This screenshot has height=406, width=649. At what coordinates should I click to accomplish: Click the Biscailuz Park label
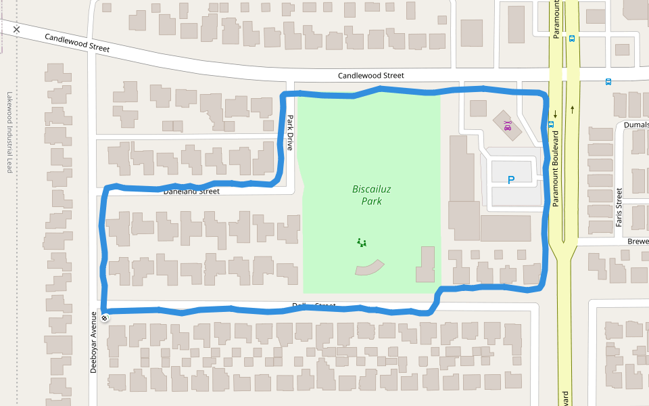[x=367, y=195]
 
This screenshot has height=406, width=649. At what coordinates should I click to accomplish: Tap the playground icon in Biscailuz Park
[x=362, y=242]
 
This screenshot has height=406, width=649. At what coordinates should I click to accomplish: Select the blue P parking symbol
[x=511, y=180]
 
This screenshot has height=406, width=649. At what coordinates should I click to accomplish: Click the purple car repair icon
[x=507, y=125]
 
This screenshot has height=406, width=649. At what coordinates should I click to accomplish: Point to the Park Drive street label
[x=290, y=133]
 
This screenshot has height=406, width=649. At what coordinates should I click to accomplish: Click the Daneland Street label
[x=191, y=191]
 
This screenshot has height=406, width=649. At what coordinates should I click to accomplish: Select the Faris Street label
[x=619, y=207]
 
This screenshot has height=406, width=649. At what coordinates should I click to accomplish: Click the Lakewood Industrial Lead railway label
[x=9, y=132]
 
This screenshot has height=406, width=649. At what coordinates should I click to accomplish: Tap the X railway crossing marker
[x=17, y=29]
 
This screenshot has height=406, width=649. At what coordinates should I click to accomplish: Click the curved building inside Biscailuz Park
[x=368, y=268]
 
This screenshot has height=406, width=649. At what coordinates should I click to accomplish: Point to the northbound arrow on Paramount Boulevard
[x=573, y=108]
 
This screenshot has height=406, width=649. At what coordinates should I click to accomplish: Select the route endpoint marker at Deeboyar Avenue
[x=105, y=317]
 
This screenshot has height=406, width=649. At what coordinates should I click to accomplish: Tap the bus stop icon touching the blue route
[x=551, y=124]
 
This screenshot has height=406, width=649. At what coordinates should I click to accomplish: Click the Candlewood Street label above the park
[x=370, y=76]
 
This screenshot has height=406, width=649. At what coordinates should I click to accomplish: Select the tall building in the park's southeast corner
[x=426, y=265]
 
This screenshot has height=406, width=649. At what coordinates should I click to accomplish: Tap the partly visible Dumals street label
[x=636, y=125]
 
